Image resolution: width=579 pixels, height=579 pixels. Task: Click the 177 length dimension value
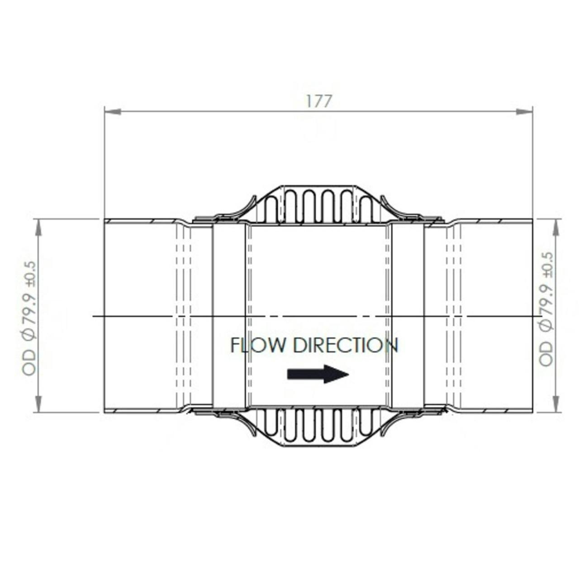click(319, 101)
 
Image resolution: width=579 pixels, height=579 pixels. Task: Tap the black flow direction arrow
click(318, 374)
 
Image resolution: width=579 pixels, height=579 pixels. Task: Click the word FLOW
click(258, 346)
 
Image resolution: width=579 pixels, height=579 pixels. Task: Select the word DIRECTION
click(346, 346)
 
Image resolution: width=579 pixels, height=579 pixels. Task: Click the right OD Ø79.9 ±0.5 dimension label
click(546, 309)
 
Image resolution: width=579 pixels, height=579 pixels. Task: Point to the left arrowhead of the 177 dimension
click(112, 111)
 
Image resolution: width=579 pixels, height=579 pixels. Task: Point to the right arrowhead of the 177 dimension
click(525, 111)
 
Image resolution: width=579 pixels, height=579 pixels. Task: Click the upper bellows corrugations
click(318, 206)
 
